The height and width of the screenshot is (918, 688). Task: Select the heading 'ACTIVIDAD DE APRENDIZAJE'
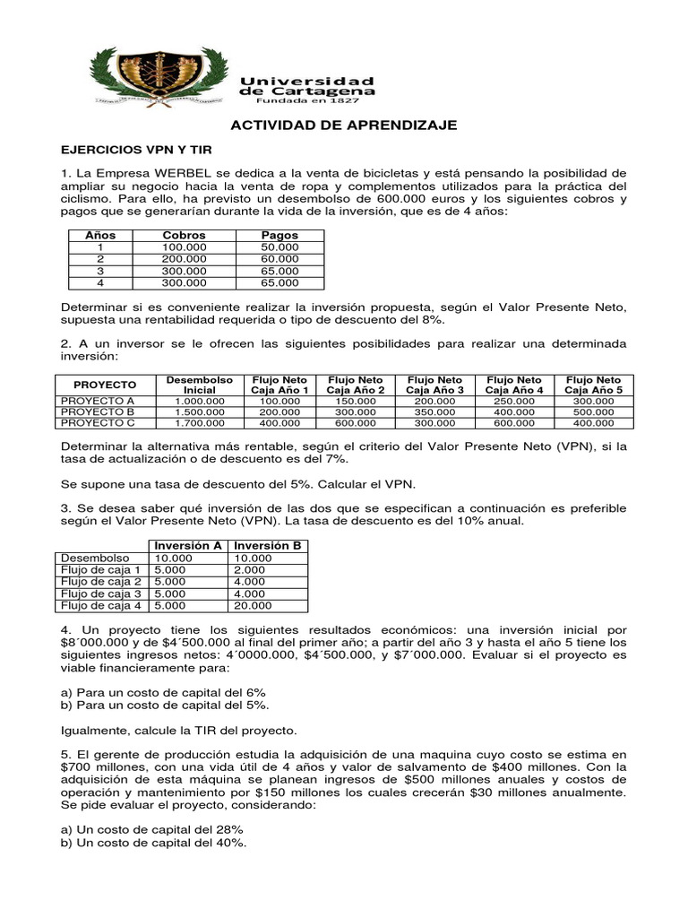345,126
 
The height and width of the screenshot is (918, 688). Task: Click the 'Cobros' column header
185,235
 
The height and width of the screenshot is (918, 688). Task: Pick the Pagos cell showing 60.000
279,258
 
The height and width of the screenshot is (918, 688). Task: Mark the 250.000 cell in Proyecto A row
514,400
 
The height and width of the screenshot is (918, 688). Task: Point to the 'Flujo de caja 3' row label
100,593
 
